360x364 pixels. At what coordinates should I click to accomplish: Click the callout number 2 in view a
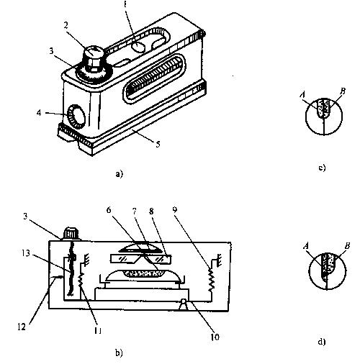click(x=66, y=25)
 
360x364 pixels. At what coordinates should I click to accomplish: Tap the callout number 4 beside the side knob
click(x=39, y=112)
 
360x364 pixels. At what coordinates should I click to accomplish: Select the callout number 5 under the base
click(x=158, y=145)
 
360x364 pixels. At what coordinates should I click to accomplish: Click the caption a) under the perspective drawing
click(x=119, y=173)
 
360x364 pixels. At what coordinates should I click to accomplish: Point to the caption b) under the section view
click(x=119, y=352)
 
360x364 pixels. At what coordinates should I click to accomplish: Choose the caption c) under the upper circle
click(x=322, y=168)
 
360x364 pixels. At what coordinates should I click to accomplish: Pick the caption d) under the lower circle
click(x=322, y=342)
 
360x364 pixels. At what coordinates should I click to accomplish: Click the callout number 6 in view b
click(x=109, y=210)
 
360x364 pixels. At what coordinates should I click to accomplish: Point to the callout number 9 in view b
click(x=175, y=209)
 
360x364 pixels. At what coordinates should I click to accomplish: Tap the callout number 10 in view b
click(x=215, y=337)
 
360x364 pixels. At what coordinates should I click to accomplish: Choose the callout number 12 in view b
click(x=22, y=327)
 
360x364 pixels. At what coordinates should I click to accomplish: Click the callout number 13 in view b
click(x=26, y=253)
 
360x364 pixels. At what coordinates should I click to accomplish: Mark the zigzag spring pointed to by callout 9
click(x=211, y=280)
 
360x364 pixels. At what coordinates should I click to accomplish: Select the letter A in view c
click(x=302, y=95)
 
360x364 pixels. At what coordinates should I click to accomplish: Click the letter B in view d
click(x=347, y=246)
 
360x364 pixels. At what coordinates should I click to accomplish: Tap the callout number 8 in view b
click(x=151, y=211)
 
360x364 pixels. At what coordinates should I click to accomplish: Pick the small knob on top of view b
click(x=71, y=233)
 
